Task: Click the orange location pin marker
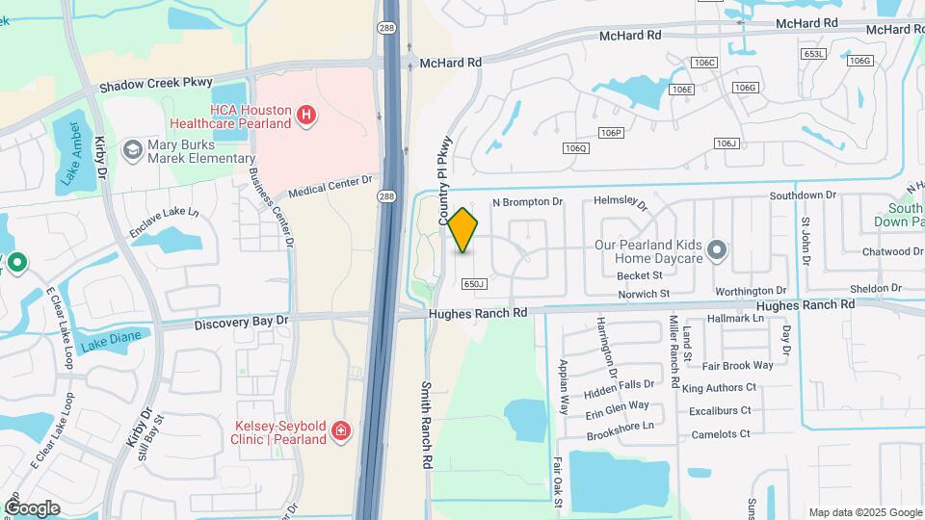click(462, 230)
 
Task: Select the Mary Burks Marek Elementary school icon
click(132, 149)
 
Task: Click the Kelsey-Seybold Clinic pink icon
click(339, 431)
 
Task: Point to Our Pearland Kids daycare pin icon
click(716, 250)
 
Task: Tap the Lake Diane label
click(110, 340)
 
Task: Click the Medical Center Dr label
click(330, 186)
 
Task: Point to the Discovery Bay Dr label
click(241, 321)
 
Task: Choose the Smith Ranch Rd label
click(426, 425)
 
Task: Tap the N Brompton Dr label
click(527, 202)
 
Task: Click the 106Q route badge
click(576, 147)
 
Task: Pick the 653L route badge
click(814, 54)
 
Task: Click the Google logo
click(32, 507)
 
